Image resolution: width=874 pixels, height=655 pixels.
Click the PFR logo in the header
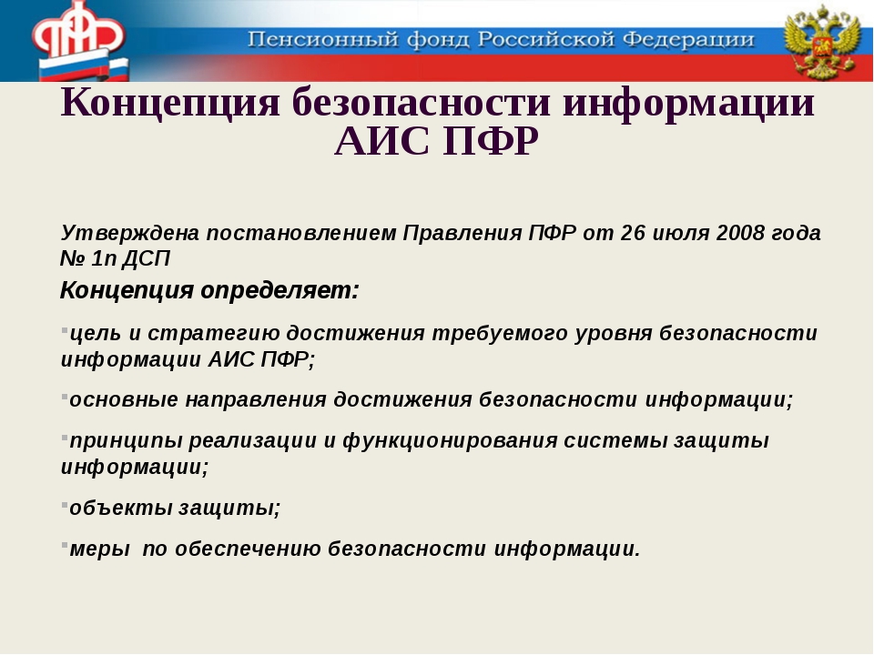point(78,40)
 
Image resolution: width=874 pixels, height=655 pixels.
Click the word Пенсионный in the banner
point(323,40)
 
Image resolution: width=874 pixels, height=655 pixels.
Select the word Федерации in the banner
point(688,40)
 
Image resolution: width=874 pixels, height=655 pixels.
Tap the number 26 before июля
point(633,232)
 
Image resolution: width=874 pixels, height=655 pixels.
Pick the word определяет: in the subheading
point(279,291)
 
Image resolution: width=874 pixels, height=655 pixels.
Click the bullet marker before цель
point(65,329)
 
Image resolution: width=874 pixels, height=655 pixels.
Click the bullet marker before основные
point(65,397)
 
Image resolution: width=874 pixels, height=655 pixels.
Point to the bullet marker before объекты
point(65,505)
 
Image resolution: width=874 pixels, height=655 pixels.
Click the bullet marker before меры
point(65,545)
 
